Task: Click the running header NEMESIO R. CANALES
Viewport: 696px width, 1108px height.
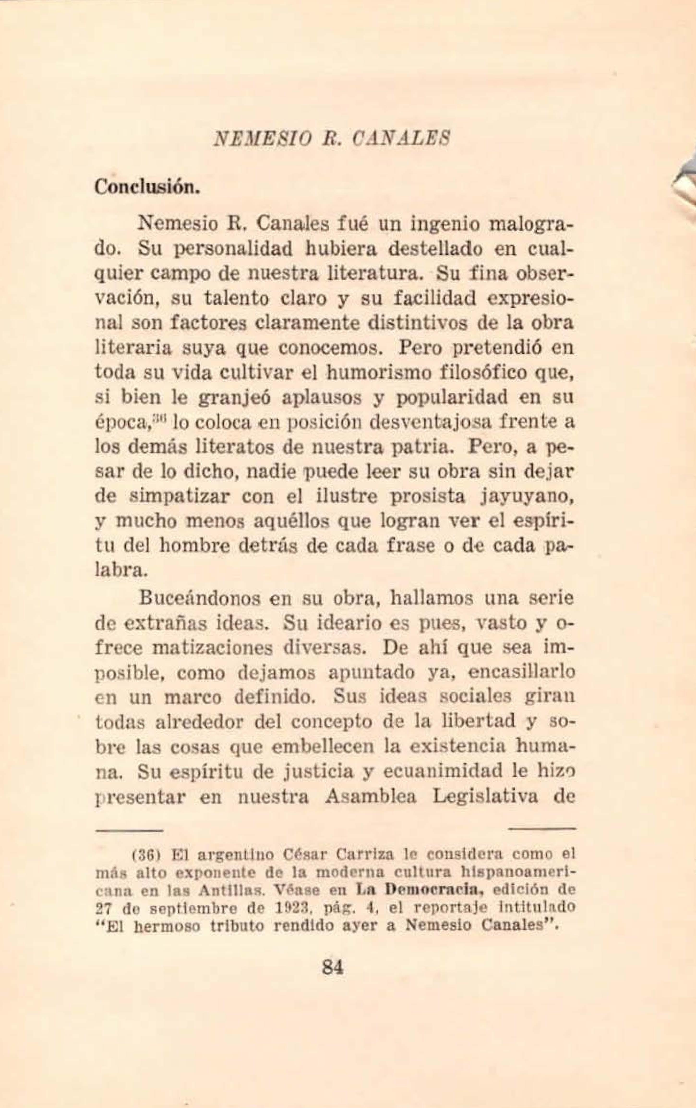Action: (330, 138)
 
